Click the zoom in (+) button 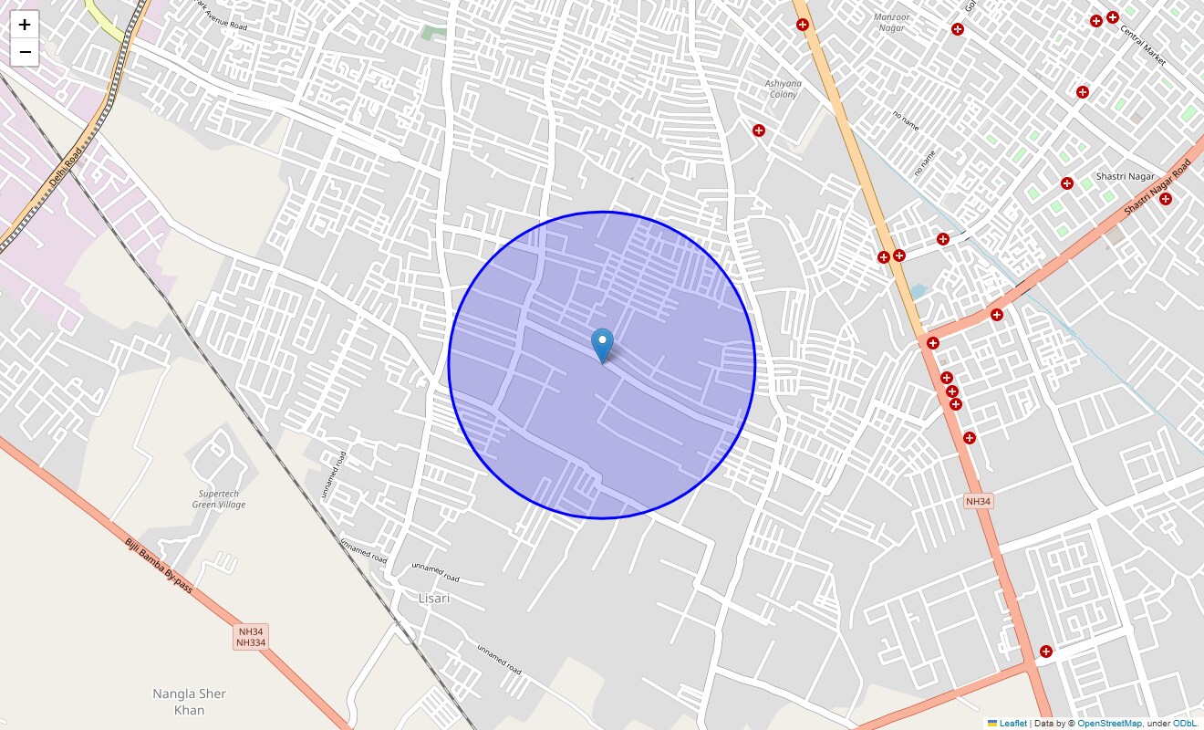pos(25,25)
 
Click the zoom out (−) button pos(25,52)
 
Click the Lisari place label pos(434,599)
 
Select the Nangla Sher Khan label pos(189,702)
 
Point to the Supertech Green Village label pos(219,499)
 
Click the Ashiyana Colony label pos(783,89)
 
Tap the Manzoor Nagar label pos(891,22)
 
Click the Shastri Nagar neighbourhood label pos(1125,176)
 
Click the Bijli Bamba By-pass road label pos(159,566)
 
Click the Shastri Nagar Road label pos(1157,188)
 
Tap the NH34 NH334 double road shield pos(251,637)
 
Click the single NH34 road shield pos(978,502)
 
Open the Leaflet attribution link pos(1012,724)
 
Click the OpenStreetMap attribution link pos(1109,724)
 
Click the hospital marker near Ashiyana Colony pos(758,130)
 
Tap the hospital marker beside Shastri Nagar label pos(1067,183)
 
